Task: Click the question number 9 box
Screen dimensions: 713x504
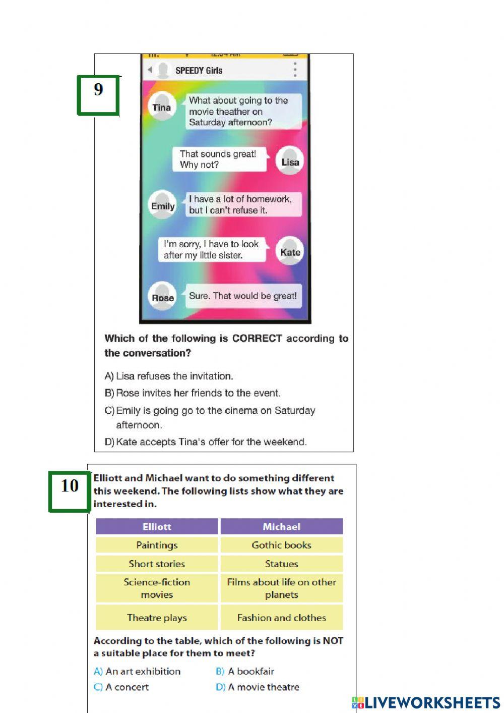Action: pos(98,95)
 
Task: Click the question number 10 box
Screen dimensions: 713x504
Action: pos(70,491)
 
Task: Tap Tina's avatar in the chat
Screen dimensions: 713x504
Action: pos(162,107)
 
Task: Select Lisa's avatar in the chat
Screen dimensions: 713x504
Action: pos(290,161)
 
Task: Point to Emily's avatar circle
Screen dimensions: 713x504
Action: pos(163,206)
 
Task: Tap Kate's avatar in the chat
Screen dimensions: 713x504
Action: pos(290,252)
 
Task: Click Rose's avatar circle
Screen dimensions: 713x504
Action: pos(162,297)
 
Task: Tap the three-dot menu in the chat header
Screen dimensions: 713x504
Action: pos(295,70)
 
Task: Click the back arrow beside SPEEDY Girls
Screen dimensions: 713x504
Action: pos(150,70)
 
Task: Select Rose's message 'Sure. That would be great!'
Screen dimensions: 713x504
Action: pos(243,296)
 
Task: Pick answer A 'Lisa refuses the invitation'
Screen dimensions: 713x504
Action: pos(169,376)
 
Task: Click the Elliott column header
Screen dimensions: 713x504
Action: pos(157,527)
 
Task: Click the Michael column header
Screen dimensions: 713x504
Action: pos(281,527)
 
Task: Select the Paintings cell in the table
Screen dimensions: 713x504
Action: pos(157,545)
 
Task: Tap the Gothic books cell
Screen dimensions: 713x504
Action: pos(281,545)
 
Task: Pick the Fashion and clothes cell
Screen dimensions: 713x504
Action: pos(281,618)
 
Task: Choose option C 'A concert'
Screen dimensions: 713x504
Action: pos(121,687)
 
